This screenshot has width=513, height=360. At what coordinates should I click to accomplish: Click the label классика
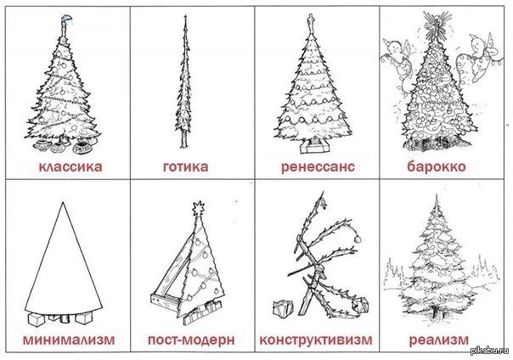coord(70,166)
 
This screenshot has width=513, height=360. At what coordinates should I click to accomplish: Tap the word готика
coord(185,166)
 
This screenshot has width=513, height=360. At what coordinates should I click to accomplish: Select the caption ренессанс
coord(318,166)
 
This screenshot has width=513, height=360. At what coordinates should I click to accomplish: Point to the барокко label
coord(437,166)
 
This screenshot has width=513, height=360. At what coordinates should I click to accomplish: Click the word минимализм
coord(69,340)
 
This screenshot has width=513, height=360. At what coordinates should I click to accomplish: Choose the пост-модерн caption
coord(191,340)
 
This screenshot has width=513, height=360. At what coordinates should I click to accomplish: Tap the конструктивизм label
coord(316,340)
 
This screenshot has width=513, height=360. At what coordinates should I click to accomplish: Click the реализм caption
coord(439,340)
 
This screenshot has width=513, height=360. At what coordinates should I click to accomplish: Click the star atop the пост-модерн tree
coord(198,208)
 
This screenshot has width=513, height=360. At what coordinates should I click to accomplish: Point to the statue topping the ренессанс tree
coord(311,23)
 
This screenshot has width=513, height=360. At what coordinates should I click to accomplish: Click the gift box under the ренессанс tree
coord(314,145)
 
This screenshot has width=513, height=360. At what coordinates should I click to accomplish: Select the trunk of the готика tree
coord(184,139)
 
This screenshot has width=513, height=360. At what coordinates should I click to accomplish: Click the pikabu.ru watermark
coord(491,351)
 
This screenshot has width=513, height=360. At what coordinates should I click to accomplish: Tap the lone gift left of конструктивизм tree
coord(283,307)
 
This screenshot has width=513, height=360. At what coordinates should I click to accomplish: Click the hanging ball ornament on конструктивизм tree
coord(358,239)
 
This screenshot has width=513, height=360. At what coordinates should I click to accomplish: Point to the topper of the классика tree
coord(65,24)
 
